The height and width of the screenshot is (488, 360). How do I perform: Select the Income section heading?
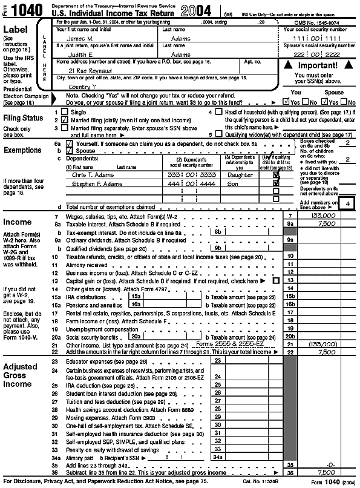[18, 222]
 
